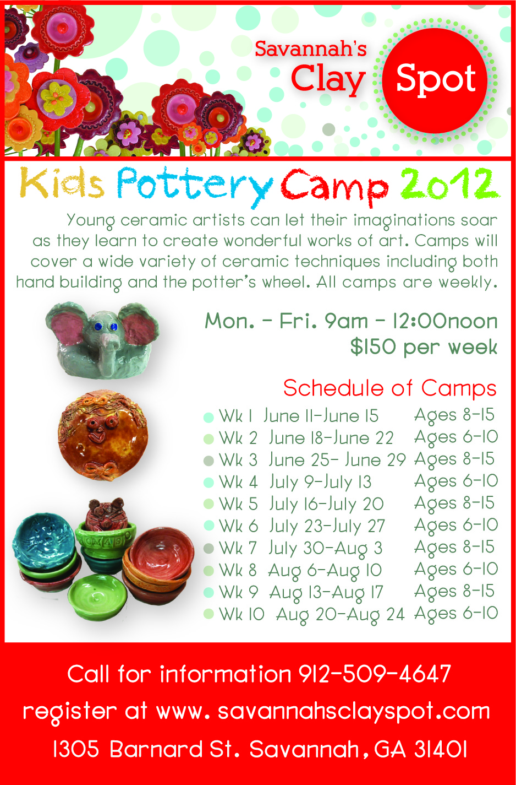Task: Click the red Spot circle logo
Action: [435, 81]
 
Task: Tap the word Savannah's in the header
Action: [311, 48]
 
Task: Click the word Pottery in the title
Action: [195, 186]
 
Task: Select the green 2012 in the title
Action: [449, 183]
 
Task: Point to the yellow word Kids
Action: [62, 182]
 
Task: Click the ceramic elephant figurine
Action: [102, 340]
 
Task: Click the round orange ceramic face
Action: [102, 435]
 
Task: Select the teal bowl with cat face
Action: [44, 537]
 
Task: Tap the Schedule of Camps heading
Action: [389, 388]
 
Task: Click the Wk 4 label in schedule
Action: [238, 482]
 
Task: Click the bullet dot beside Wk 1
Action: [208, 417]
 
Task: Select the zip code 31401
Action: [441, 750]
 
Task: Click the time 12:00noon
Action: [445, 321]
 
